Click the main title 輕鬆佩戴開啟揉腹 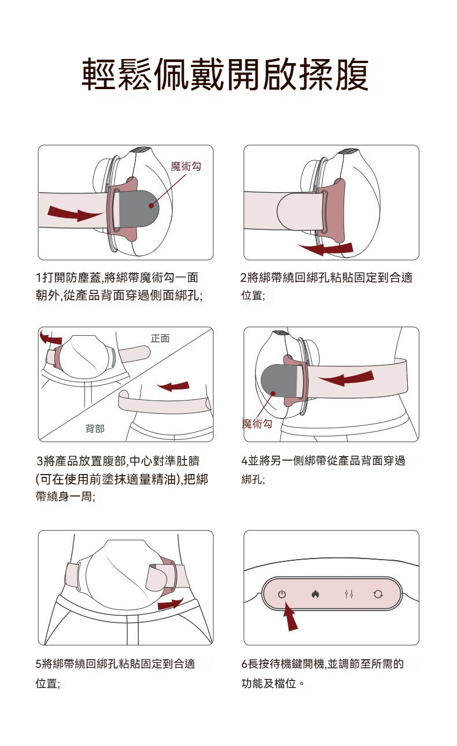click(x=226, y=75)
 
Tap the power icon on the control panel click(x=282, y=594)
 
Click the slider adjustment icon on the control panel click(x=348, y=594)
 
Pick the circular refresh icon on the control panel click(x=378, y=594)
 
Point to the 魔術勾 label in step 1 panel click(x=186, y=166)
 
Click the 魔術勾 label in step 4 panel click(x=257, y=423)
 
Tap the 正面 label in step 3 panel click(x=160, y=339)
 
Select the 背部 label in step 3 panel click(x=95, y=428)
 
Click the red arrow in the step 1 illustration click(x=75, y=213)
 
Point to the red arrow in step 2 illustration click(x=325, y=248)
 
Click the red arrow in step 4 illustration click(x=345, y=378)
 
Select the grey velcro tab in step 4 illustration click(x=281, y=380)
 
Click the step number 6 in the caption click(x=244, y=664)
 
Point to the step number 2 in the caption click(x=244, y=277)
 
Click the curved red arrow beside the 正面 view click(x=50, y=337)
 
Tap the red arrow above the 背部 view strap click(x=173, y=387)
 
